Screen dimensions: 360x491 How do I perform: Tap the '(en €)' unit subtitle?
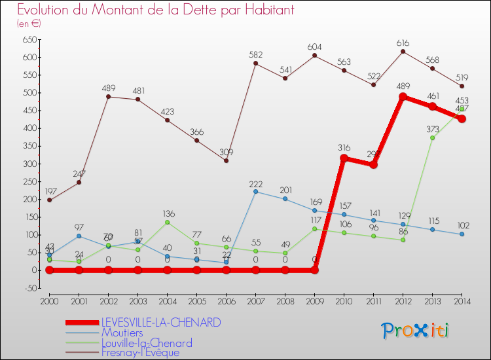(x=29, y=24)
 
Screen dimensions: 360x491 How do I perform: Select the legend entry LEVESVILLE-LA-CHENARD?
(x=161, y=323)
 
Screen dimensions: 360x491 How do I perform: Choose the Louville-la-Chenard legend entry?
(x=147, y=343)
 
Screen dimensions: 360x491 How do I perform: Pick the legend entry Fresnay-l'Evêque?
(x=140, y=353)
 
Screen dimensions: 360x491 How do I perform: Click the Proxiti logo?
(x=416, y=331)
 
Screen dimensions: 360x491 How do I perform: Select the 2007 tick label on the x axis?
(x=255, y=301)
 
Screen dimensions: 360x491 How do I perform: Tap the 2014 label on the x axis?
(x=462, y=301)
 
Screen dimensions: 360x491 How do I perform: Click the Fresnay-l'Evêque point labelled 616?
(x=403, y=52)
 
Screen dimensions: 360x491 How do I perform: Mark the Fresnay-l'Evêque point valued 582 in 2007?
(x=255, y=63)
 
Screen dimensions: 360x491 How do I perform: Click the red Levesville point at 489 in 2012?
(x=403, y=97)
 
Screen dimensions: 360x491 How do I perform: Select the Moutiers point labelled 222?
(x=255, y=191)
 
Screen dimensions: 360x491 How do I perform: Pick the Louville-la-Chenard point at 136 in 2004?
(x=167, y=222)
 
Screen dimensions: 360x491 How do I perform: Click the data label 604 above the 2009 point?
(x=314, y=46)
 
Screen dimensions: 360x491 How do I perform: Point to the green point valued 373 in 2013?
(x=432, y=137)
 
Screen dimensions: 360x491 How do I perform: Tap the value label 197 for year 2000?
(x=49, y=190)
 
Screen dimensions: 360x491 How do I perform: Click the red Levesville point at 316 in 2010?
(x=344, y=158)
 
